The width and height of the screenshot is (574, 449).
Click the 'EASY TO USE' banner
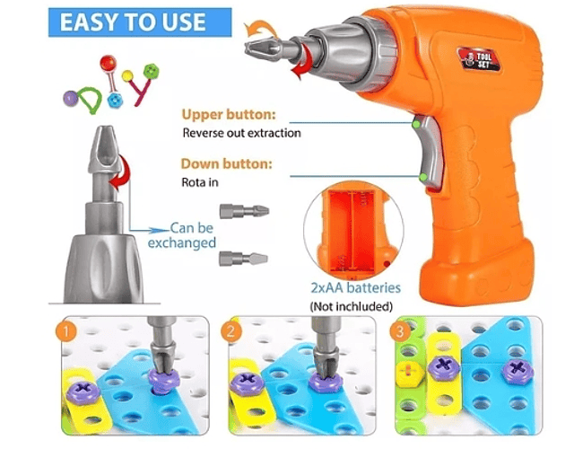click(140, 22)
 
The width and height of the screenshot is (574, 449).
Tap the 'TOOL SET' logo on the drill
click(479, 59)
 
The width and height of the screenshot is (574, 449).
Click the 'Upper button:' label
click(229, 115)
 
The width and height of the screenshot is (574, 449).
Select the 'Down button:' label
click(227, 163)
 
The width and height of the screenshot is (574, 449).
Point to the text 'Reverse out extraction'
click(241, 133)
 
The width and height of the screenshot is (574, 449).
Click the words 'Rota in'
click(200, 182)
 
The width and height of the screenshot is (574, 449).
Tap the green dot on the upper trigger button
click(416, 124)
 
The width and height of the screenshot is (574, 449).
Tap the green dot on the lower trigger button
click(423, 178)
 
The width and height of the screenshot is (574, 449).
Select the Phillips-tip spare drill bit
click(244, 211)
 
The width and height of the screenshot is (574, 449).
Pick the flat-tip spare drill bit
click(243, 259)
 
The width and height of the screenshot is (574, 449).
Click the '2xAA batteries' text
click(355, 287)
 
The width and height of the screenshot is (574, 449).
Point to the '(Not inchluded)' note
click(352, 305)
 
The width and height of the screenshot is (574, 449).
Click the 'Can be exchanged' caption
click(183, 235)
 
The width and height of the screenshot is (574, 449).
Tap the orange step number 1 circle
click(66, 332)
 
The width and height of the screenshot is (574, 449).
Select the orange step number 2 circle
click(231, 331)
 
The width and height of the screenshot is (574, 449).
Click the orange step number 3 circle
click(400, 331)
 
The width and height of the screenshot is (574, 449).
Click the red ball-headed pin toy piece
click(109, 63)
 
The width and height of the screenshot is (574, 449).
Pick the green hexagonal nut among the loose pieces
click(151, 71)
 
